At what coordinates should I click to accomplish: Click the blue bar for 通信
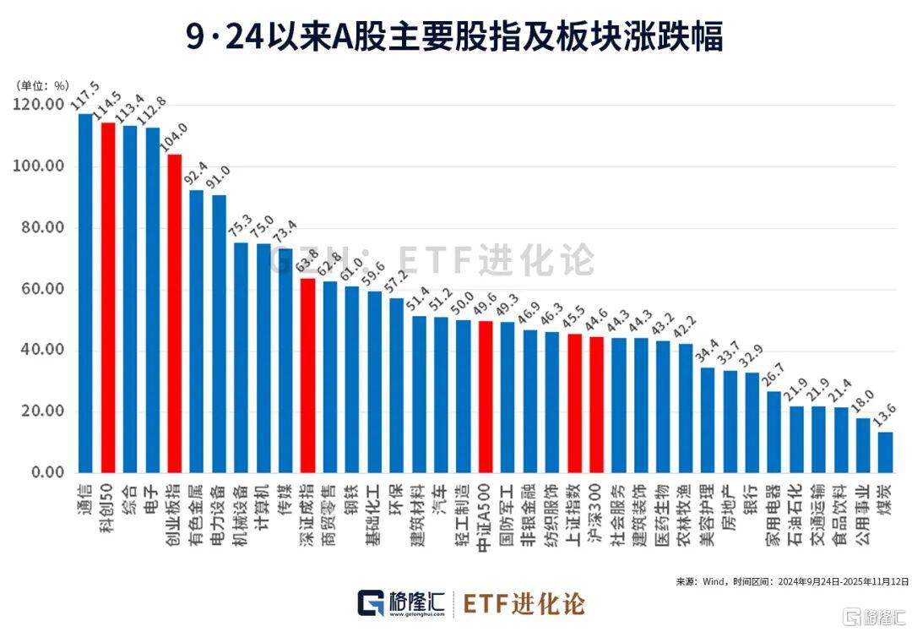point(85,292)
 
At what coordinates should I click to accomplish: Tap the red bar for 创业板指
point(175,313)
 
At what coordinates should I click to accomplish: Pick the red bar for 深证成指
point(308,375)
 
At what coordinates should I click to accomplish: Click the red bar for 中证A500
point(486,396)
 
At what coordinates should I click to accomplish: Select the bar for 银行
point(752,422)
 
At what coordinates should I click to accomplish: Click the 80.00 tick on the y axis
point(38,228)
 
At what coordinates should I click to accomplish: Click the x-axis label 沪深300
point(596,513)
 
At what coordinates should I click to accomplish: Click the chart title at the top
point(455,37)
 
